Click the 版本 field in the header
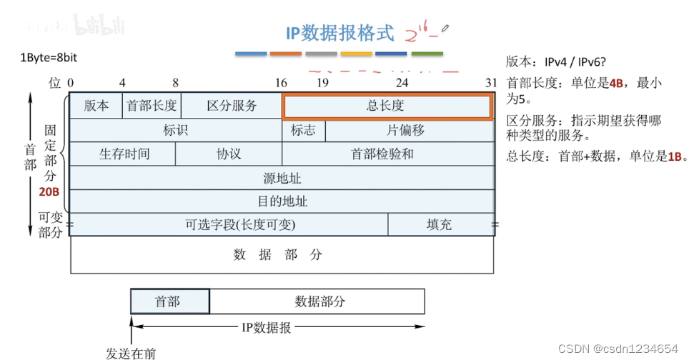(x=96, y=106)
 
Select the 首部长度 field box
(x=152, y=106)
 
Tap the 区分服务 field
(x=232, y=106)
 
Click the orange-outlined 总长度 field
(x=387, y=106)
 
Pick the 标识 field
(x=176, y=131)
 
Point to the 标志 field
(x=304, y=131)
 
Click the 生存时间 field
(x=122, y=154)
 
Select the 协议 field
(x=229, y=154)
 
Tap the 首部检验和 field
(x=388, y=154)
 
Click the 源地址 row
(x=282, y=177)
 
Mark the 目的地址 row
(x=282, y=201)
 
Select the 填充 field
(x=440, y=224)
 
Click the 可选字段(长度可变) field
(x=229, y=224)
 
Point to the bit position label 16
(x=281, y=83)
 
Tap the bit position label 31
(x=490, y=83)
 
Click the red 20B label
(x=49, y=192)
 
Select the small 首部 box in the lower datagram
(x=170, y=301)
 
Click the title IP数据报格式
(x=339, y=32)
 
